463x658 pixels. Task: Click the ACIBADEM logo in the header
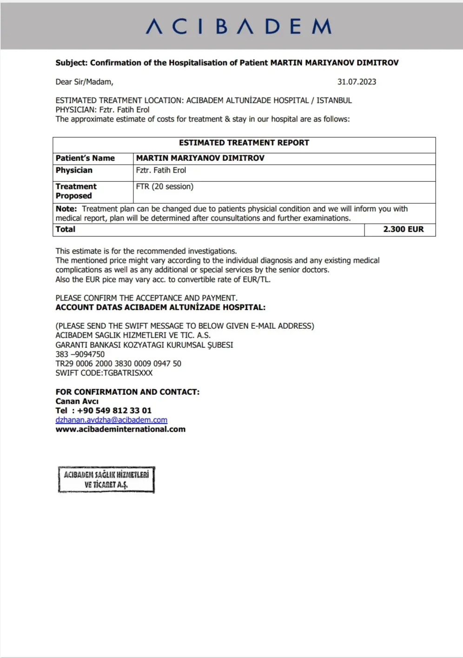tap(238, 27)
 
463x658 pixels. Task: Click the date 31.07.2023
tap(357, 82)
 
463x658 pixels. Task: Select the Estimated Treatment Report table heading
tap(244, 143)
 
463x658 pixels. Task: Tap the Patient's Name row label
tap(85, 158)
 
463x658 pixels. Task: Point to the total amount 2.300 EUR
tap(403, 229)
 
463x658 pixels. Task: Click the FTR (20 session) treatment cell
tap(165, 186)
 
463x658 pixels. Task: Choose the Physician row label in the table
tap(74, 170)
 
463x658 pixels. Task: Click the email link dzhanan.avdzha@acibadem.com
tap(111, 420)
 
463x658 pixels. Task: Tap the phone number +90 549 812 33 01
tap(114, 411)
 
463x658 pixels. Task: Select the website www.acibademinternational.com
tap(120, 429)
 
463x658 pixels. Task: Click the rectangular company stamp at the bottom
tap(106, 479)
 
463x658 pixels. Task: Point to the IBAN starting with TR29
tap(118, 364)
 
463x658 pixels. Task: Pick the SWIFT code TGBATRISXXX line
tap(104, 373)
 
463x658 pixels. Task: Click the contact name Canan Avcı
tap(77, 401)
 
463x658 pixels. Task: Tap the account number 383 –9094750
tap(80, 354)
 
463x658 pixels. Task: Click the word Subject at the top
tap(71, 63)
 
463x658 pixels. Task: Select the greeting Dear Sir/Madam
tap(84, 82)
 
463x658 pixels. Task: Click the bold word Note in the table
tap(66, 209)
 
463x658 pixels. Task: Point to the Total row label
tap(66, 229)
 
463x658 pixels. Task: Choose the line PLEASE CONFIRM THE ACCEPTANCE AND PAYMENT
tap(146, 298)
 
